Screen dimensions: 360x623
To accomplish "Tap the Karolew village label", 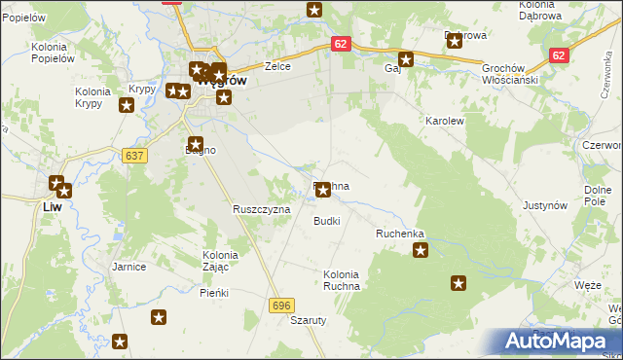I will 442,121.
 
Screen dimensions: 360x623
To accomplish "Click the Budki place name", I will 326,221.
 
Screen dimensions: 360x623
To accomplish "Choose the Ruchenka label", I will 400,234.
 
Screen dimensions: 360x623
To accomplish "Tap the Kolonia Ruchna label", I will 342,280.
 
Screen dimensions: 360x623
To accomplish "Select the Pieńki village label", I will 213,292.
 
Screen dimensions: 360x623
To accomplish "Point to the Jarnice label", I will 128,266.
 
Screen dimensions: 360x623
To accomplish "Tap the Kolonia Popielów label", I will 54,53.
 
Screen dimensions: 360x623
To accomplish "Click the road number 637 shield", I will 135,156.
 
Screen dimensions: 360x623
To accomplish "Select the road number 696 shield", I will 281,306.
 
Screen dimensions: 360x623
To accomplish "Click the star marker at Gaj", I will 407,58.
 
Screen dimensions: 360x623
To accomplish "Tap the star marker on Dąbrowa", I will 454,41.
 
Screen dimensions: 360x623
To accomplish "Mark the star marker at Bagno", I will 195,144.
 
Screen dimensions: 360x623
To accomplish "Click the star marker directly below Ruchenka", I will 421,251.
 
